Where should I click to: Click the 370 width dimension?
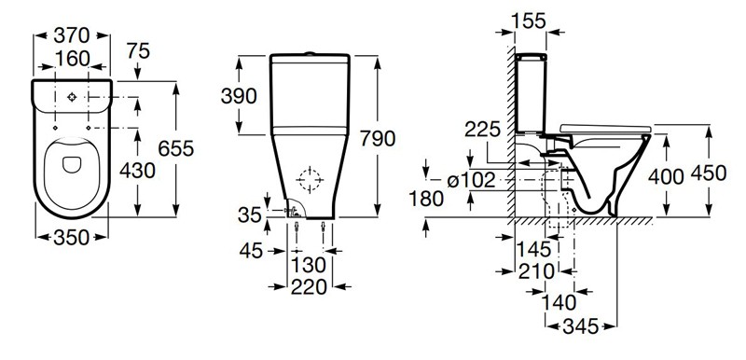click(72, 35)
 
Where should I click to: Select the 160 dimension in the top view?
click(73, 59)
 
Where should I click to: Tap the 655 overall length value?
click(176, 149)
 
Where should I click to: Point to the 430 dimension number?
click(137, 171)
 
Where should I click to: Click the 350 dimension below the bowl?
click(72, 238)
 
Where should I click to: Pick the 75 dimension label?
click(138, 51)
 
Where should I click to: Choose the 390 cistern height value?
click(239, 97)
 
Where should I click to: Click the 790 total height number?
click(378, 139)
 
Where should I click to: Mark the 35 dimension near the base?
click(250, 215)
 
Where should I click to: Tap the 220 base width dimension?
click(309, 287)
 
